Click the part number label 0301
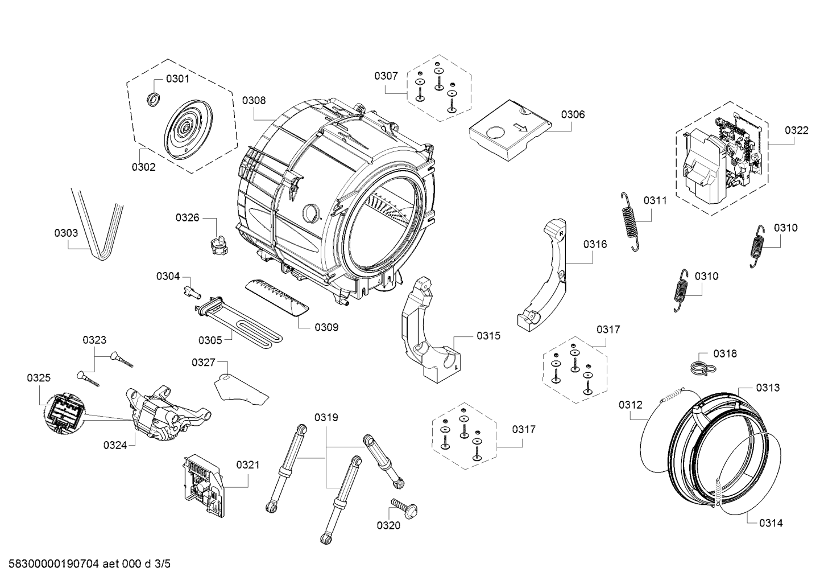pos(177,79)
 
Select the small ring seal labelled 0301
pos(153,99)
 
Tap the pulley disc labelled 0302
pos(189,130)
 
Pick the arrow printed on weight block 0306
pos(520,127)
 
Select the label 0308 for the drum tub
pos(254,100)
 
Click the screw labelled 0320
pos(405,507)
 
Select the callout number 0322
pos(796,130)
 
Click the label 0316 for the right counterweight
pos(595,244)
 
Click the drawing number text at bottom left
pos(90,563)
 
